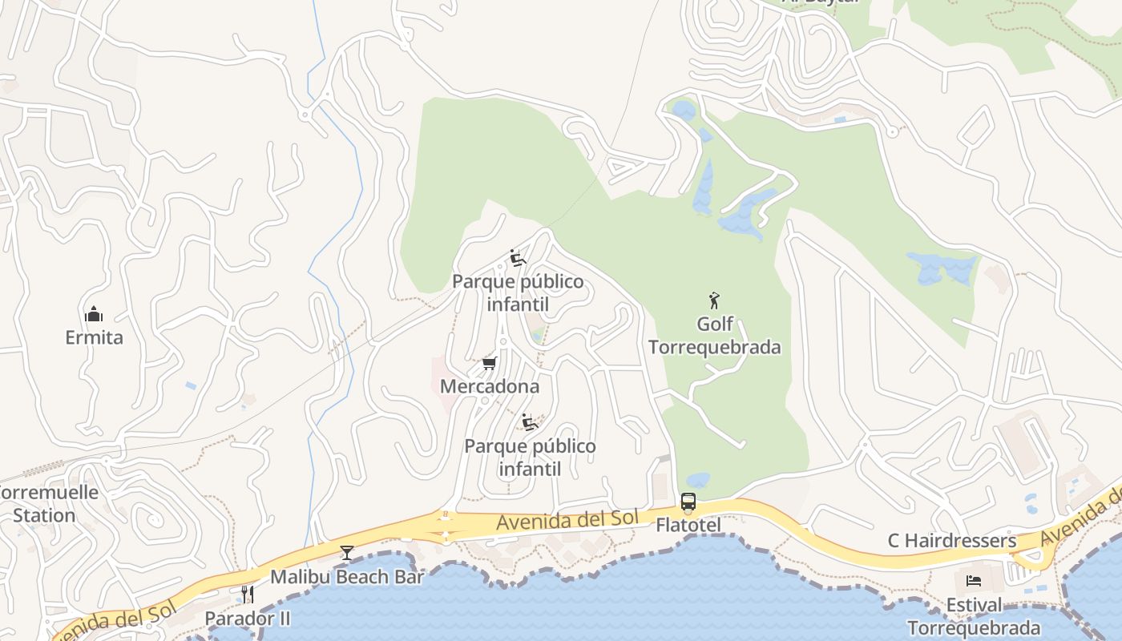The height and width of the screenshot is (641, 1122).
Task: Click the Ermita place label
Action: pyautogui.click(x=94, y=337)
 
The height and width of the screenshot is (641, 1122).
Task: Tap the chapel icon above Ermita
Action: pyautogui.click(x=94, y=313)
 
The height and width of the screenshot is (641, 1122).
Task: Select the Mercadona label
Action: pyautogui.click(x=490, y=386)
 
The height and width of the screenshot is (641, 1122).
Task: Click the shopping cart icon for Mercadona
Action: pyautogui.click(x=489, y=364)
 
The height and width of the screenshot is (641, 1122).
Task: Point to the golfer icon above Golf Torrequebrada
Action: pyautogui.click(x=714, y=300)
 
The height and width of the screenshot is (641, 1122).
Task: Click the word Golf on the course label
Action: pyautogui.click(x=715, y=324)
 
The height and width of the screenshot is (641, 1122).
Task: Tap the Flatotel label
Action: pyautogui.click(x=688, y=526)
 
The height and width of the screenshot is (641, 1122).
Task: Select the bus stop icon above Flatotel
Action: pyautogui.click(x=688, y=502)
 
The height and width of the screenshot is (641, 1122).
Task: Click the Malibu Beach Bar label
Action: pyautogui.click(x=346, y=577)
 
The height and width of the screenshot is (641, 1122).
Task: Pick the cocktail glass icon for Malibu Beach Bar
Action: pyautogui.click(x=346, y=552)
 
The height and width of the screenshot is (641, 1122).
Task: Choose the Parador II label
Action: pyautogui.click(x=248, y=619)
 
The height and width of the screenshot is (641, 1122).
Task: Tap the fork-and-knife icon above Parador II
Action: pyautogui.click(x=248, y=594)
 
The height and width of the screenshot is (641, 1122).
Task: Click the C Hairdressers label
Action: pyautogui.click(x=951, y=541)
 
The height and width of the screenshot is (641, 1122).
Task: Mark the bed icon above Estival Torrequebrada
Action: pyautogui.click(x=974, y=580)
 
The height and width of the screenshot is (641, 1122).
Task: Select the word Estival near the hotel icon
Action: pyautogui.click(x=974, y=605)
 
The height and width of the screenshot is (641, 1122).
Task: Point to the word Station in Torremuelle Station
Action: pyautogui.click(x=44, y=515)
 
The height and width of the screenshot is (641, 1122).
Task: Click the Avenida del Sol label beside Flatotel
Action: pyautogui.click(x=567, y=521)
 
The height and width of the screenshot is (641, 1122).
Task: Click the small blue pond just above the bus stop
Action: pyautogui.click(x=698, y=480)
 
